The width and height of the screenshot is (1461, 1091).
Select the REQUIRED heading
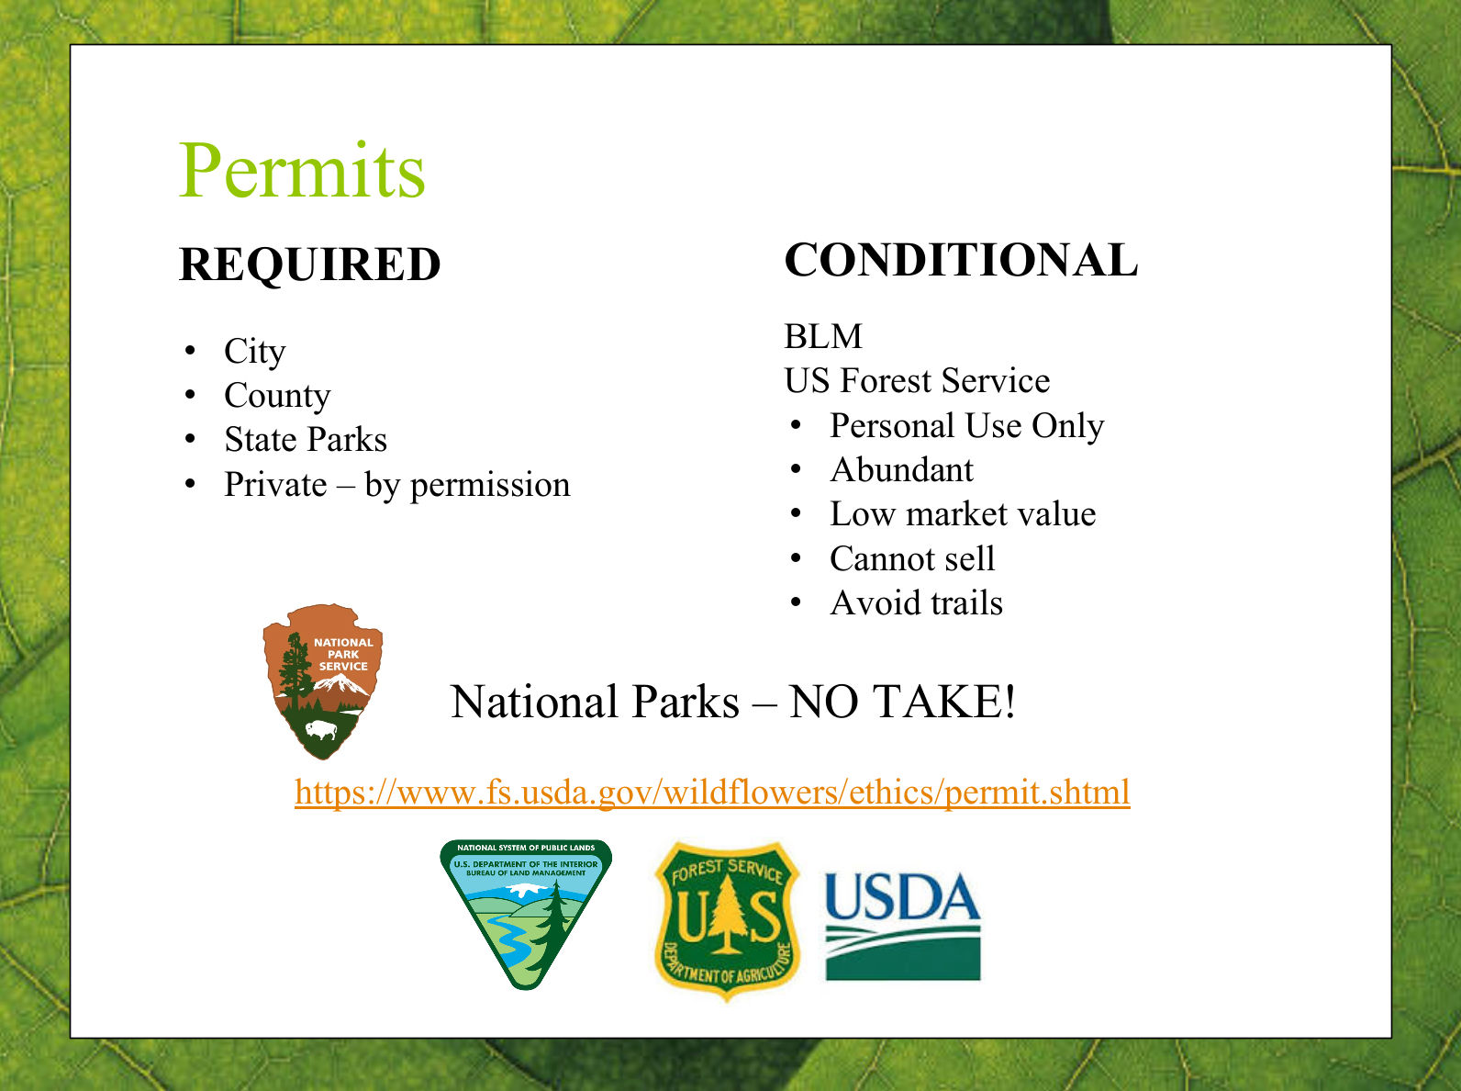pyautogui.click(x=309, y=264)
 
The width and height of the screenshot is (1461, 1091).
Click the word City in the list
pyautogui.click(x=255, y=351)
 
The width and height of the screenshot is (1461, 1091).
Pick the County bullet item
pyautogui.click(x=277, y=396)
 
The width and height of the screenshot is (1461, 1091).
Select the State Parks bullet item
pyautogui.click(x=306, y=440)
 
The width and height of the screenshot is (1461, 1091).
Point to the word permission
pyautogui.click(x=490, y=485)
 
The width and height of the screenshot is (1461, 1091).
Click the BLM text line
pyautogui.click(x=823, y=336)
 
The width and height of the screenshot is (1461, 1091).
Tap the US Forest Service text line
pyautogui.click(x=917, y=380)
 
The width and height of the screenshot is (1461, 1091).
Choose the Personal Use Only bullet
pyautogui.click(x=966, y=425)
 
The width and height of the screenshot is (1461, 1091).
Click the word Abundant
pyautogui.click(x=901, y=469)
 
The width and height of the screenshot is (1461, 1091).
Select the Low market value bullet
pyautogui.click(x=963, y=513)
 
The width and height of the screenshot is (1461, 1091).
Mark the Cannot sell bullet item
pyautogui.click(x=912, y=558)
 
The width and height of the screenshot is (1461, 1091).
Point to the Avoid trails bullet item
pyautogui.click(x=916, y=602)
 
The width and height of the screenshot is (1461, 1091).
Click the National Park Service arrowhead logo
pyautogui.click(x=323, y=681)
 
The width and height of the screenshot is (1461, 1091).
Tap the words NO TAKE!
pyautogui.click(x=902, y=702)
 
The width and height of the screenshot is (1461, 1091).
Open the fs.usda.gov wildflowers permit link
pyautogui.click(x=712, y=793)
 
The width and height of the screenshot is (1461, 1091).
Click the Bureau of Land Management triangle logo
pyautogui.click(x=526, y=914)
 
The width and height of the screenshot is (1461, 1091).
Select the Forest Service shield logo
pyautogui.click(x=727, y=922)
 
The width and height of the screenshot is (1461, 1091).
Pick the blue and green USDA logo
pyautogui.click(x=903, y=926)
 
